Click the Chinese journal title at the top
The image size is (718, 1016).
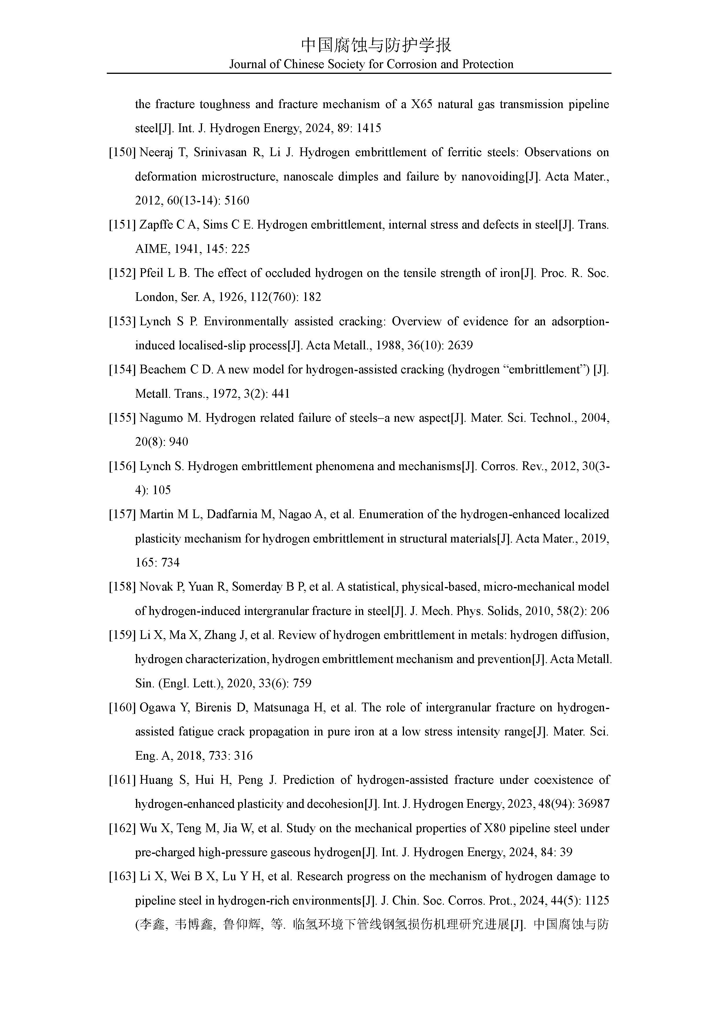click(376, 45)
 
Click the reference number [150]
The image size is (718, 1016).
click(122, 153)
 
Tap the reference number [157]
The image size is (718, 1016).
click(122, 515)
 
